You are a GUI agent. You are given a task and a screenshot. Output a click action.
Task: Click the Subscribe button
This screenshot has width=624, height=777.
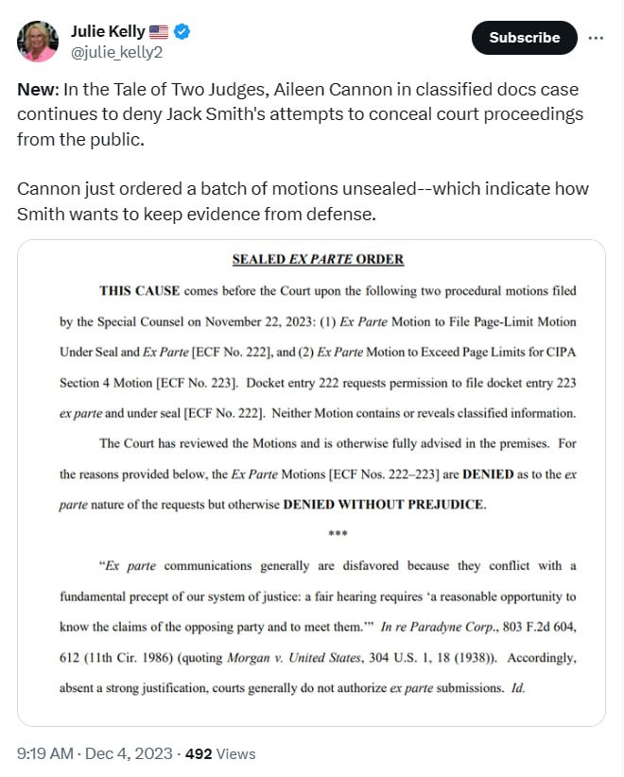[524, 38]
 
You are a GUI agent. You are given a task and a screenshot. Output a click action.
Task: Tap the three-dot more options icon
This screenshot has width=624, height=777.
[596, 38]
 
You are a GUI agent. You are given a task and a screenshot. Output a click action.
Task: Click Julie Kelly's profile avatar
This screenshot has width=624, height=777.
[38, 41]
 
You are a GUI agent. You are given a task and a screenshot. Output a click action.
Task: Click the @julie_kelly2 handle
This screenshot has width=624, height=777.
[116, 52]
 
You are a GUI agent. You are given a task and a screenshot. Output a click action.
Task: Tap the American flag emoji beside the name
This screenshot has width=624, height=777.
[159, 31]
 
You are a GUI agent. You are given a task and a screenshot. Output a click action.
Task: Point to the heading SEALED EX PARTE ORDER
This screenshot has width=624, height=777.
[318, 259]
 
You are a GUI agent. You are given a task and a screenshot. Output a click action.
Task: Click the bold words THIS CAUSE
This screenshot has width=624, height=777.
[140, 290]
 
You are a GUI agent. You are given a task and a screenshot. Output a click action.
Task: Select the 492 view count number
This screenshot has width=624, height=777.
[199, 753]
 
